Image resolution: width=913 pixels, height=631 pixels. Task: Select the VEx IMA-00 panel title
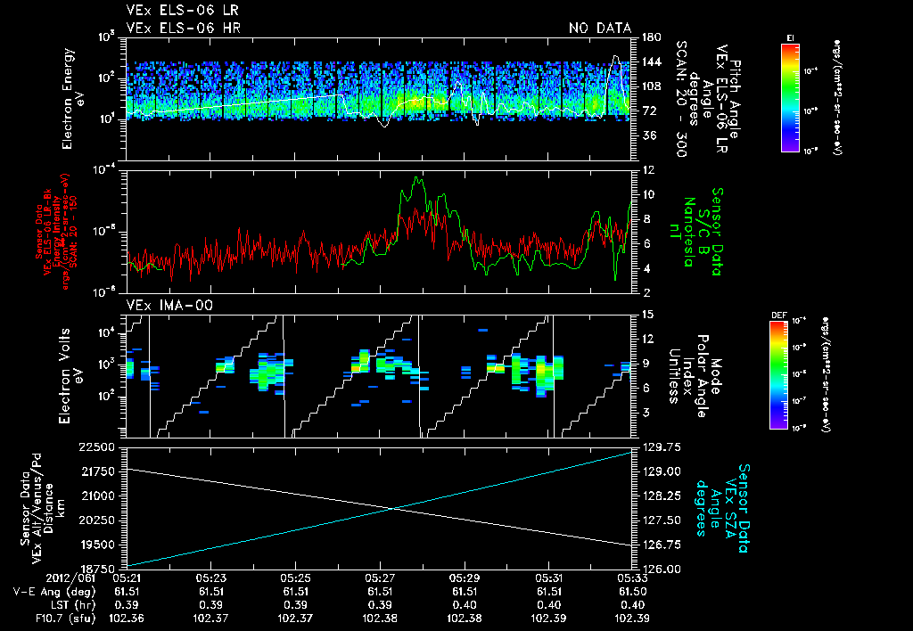(169, 305)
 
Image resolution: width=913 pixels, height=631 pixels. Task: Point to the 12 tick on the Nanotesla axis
(646, 169)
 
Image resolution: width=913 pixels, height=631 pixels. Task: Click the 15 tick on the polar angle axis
(646, 314)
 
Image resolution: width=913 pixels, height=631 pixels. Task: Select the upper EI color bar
(790, 94)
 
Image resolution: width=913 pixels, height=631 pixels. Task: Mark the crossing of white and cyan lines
(394, 509)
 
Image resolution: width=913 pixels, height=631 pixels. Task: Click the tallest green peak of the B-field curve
(415, 178)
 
